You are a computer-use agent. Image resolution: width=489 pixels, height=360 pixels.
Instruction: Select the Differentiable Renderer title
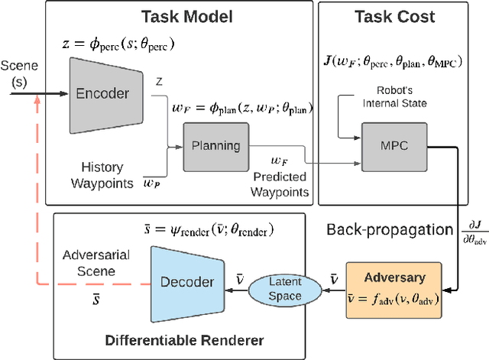[183, 339]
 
